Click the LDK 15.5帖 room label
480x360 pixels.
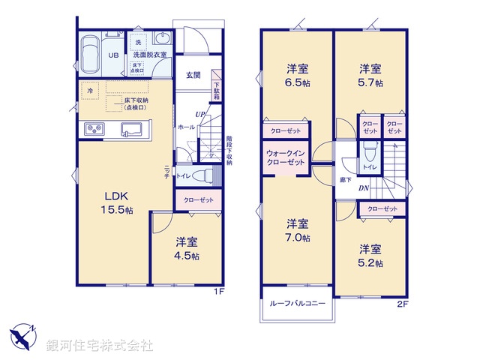coord(118,202)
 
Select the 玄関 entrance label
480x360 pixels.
coord(193,75)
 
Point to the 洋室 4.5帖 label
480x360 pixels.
coord(187,248)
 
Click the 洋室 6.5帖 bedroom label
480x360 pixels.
coord(297,75)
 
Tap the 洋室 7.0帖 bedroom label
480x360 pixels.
coord(297,230)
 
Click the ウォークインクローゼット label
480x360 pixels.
coord(285,159)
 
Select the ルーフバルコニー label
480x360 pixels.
coord(298,304)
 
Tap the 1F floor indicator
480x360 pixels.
coord(219,292)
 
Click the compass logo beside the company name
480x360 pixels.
coord(23,336)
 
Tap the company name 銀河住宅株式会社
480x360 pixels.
coord(100,346)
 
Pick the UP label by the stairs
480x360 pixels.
coord(200,114)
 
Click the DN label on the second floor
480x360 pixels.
coord(362,187)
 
